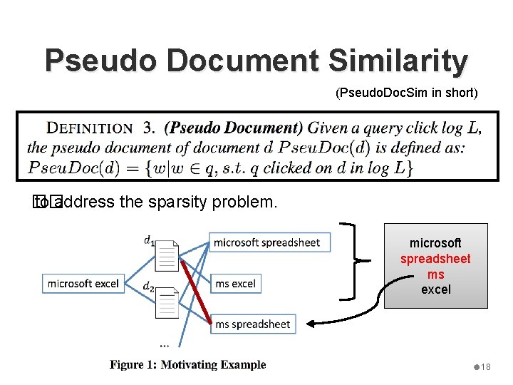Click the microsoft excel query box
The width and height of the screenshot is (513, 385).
tap(83, 283)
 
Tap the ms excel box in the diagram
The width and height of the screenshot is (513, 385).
tap(235, 283)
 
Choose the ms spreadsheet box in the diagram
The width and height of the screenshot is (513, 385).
tap(252, 324)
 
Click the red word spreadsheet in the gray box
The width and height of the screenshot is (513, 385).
tap(435, 259)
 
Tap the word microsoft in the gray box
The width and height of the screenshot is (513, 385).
tap(435, 243)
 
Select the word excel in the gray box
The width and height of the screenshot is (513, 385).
tap(435, 289)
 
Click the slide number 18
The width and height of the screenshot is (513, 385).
tap(485, 366)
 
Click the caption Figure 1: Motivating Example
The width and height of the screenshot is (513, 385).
tap(187, 365)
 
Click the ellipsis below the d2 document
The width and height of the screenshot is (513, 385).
tap(165, 344)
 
